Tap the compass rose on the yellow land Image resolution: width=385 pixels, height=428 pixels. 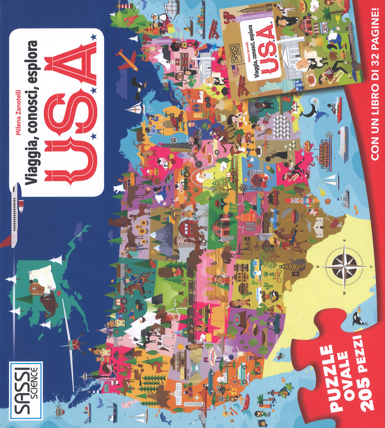tap(344, 266)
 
